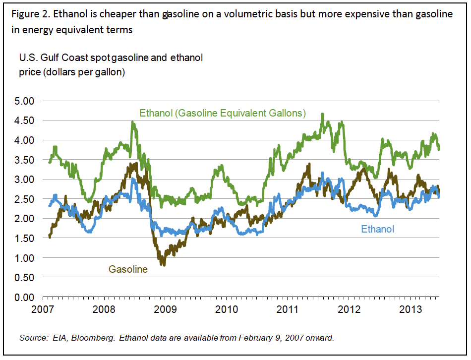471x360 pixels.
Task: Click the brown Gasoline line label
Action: tap(128, 270)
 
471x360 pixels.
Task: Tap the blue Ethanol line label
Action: tap(378, 229)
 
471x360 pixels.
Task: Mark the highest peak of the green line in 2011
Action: tap(322, 114)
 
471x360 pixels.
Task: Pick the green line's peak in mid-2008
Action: tap(132, 121)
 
